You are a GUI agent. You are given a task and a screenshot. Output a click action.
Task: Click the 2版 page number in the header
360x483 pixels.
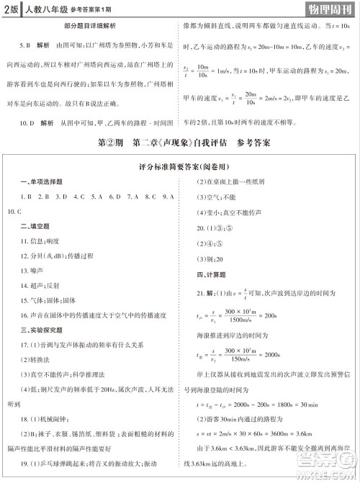pos(12,9)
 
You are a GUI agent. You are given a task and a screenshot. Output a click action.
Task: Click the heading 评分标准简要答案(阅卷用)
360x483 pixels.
pos(181,166)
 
